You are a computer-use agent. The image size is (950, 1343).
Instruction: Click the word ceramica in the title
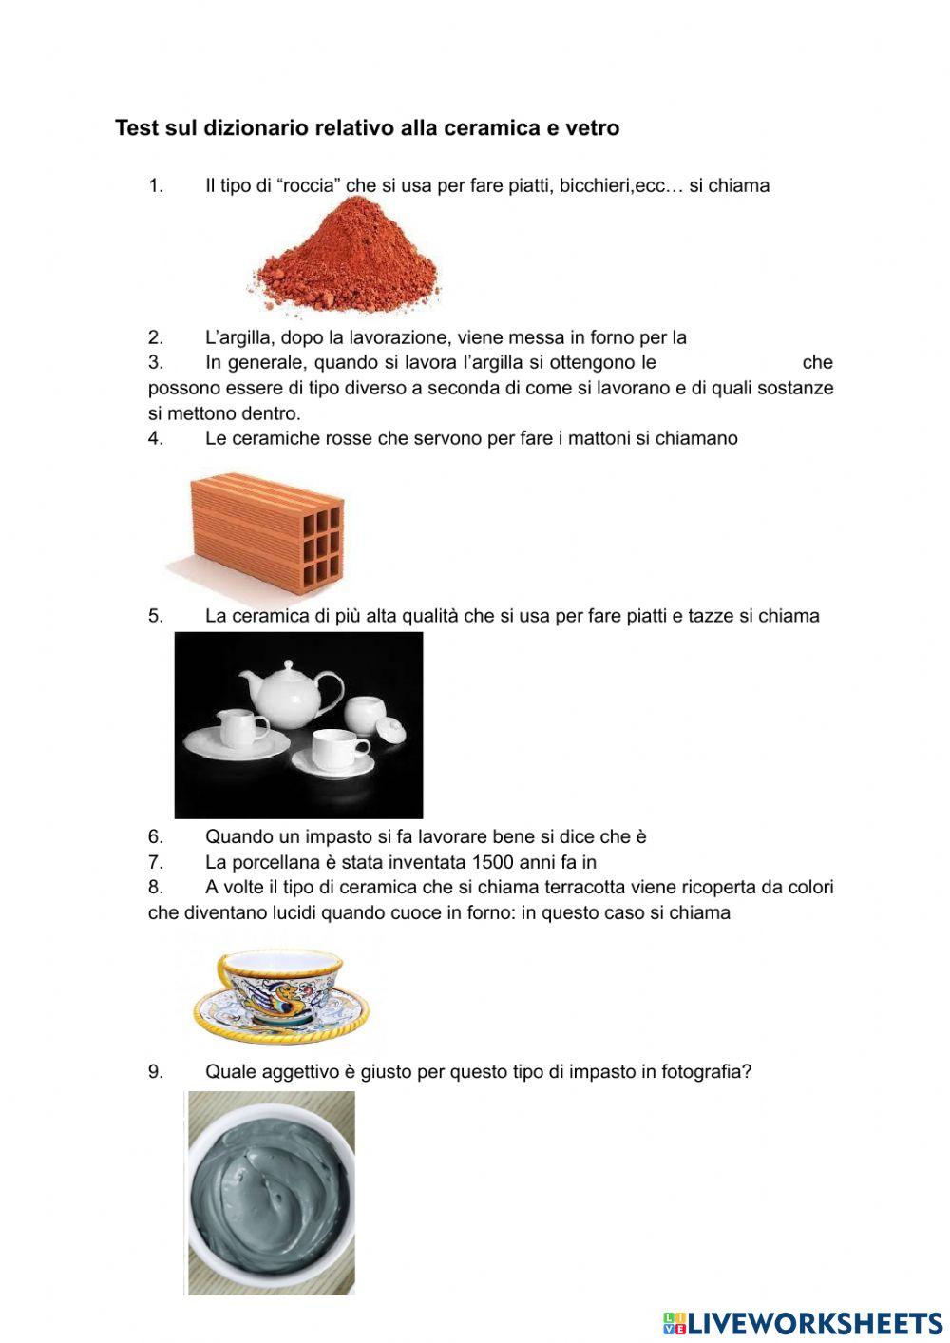pyautogui.click(x=501, y=127)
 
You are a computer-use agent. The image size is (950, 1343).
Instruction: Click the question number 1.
pyautogui.click(x=156, y=185)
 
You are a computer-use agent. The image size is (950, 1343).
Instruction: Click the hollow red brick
pyautogui.click(x=266, y=528)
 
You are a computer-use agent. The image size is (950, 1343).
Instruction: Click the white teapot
pyautogui.click(x=285, y=699)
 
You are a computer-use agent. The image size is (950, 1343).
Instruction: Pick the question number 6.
pyautogui.click(x=156, y=837)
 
